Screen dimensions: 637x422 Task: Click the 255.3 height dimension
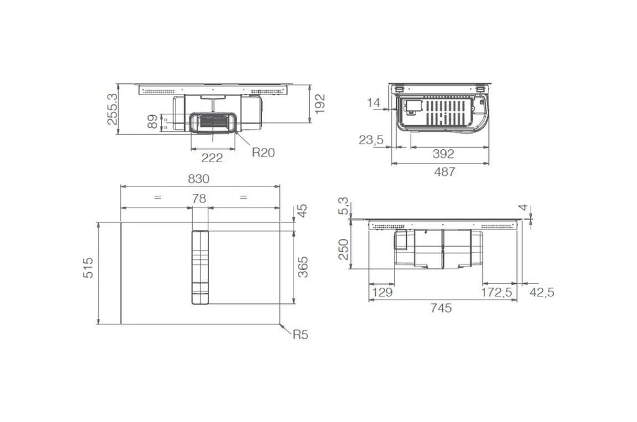point(112,109)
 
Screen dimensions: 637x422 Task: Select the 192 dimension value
point(320,104)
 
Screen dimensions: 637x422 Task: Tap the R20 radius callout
point(263,152)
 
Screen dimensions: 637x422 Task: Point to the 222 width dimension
point(212,158)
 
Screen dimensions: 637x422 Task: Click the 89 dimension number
point(152,122)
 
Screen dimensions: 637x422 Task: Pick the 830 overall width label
point(198,178)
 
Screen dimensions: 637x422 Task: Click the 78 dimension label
point(199,198)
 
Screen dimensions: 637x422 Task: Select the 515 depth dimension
point(88,268)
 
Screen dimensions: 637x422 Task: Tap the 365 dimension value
point(303,267)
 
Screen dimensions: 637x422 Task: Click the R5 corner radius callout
point(300,335)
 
